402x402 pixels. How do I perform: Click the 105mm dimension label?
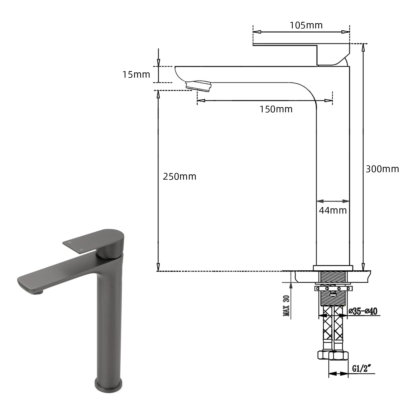306,25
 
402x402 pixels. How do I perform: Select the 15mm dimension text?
136,75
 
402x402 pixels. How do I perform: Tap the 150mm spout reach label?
276,109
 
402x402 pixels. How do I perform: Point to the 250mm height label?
179,176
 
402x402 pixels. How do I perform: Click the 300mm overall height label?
382,169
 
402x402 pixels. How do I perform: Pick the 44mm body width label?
333,210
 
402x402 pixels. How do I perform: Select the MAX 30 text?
286,306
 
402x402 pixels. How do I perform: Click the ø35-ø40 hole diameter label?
363,311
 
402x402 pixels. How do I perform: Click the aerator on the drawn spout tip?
198,86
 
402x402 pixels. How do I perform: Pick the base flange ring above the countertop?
333,268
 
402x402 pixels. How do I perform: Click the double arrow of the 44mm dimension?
333,201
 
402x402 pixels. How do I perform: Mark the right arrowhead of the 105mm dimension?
346,32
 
